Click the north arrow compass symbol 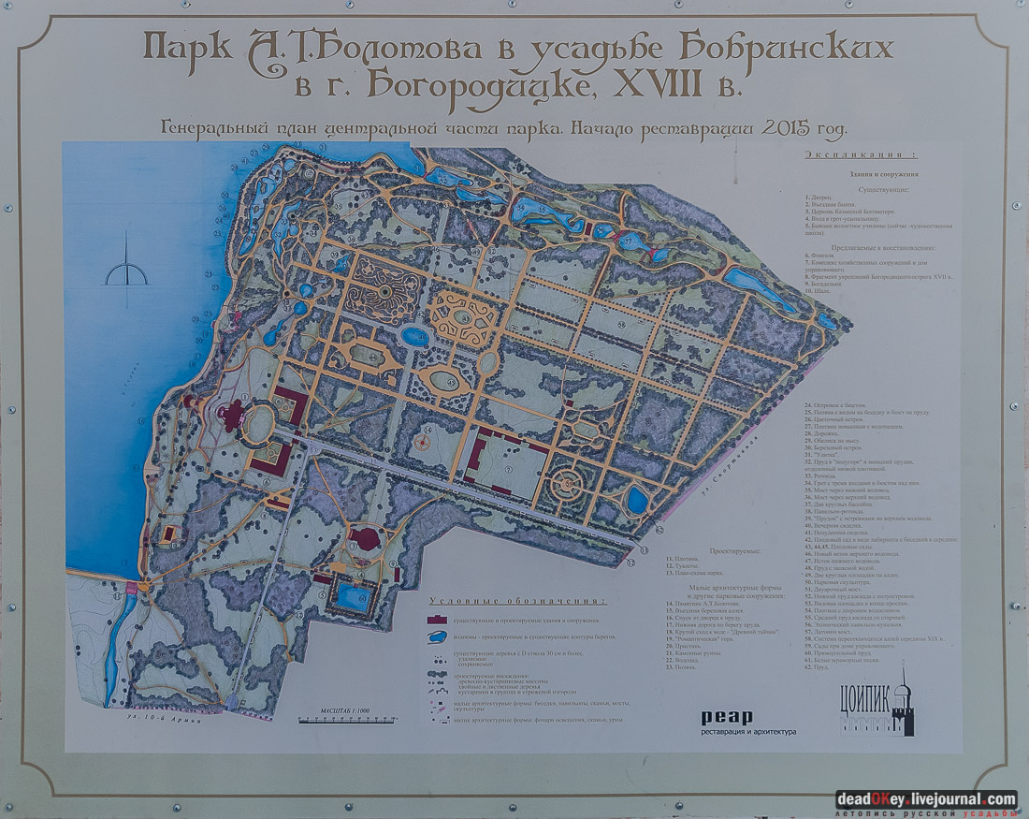pyautogui.click(x=126, y=271)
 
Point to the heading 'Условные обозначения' pyautogui.click(x=516, y=601)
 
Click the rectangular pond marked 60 pyautogui.click(x=353, y=597)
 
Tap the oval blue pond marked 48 pyautogui.click(x=414, y=335)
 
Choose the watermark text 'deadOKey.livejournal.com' pyautogui.click(x=925, y=799)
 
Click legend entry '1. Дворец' pyautogui.click(x=820, y=198)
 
